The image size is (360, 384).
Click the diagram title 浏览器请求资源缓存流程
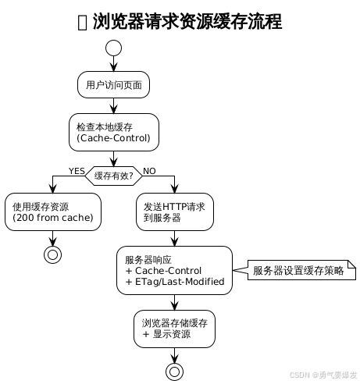[187, 22]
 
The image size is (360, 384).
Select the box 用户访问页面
[114, 85]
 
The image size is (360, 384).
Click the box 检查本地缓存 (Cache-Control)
[114, 131]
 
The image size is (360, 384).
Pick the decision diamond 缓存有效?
[114, 176]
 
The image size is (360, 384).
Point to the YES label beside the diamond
[77, 171]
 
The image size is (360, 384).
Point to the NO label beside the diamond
[149, 171]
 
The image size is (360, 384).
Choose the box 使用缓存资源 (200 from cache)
[53, 212]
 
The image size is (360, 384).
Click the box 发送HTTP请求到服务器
[174, 212]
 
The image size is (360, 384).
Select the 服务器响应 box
[174, 270]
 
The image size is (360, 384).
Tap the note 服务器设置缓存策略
[301, 270]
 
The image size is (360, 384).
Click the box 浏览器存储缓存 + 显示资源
[174, 328]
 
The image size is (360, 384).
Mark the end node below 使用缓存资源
[53, 254]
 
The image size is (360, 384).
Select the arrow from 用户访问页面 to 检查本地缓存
[114, 106]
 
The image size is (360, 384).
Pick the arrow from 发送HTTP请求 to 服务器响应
[174, 238]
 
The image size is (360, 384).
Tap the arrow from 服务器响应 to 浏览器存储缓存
[174, 302]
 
